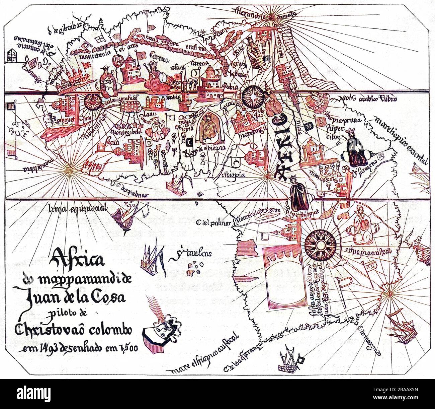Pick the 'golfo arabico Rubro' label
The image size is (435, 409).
(368, 98)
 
